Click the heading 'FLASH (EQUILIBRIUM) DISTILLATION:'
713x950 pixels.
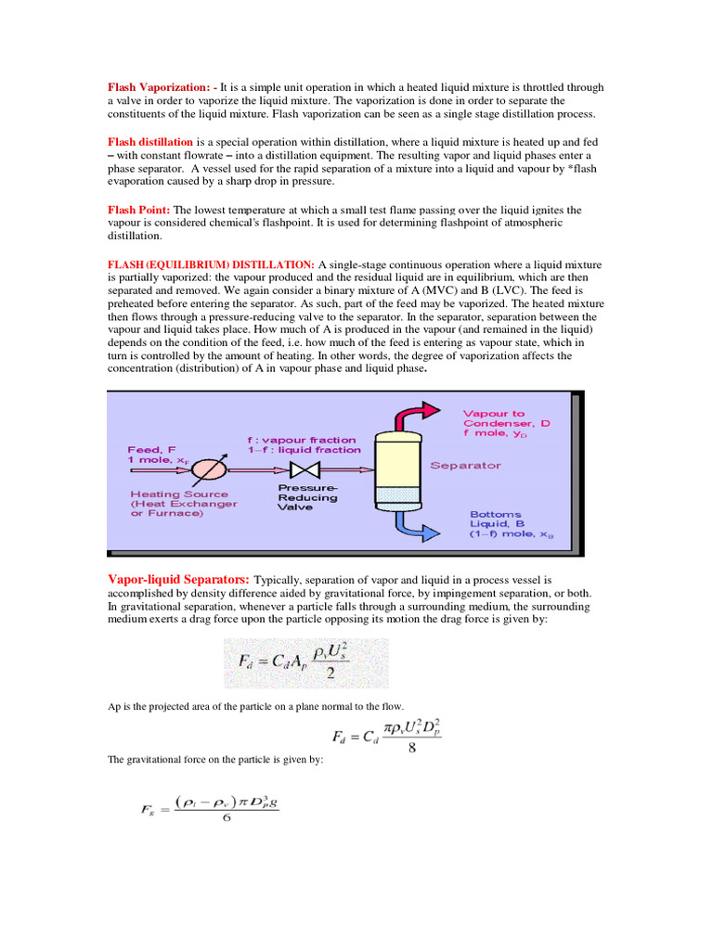pos(212,265)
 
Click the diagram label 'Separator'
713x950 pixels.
pos(465,465)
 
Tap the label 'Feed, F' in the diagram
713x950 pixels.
pos(150,449)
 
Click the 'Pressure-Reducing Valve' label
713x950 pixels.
pos(308,496)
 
